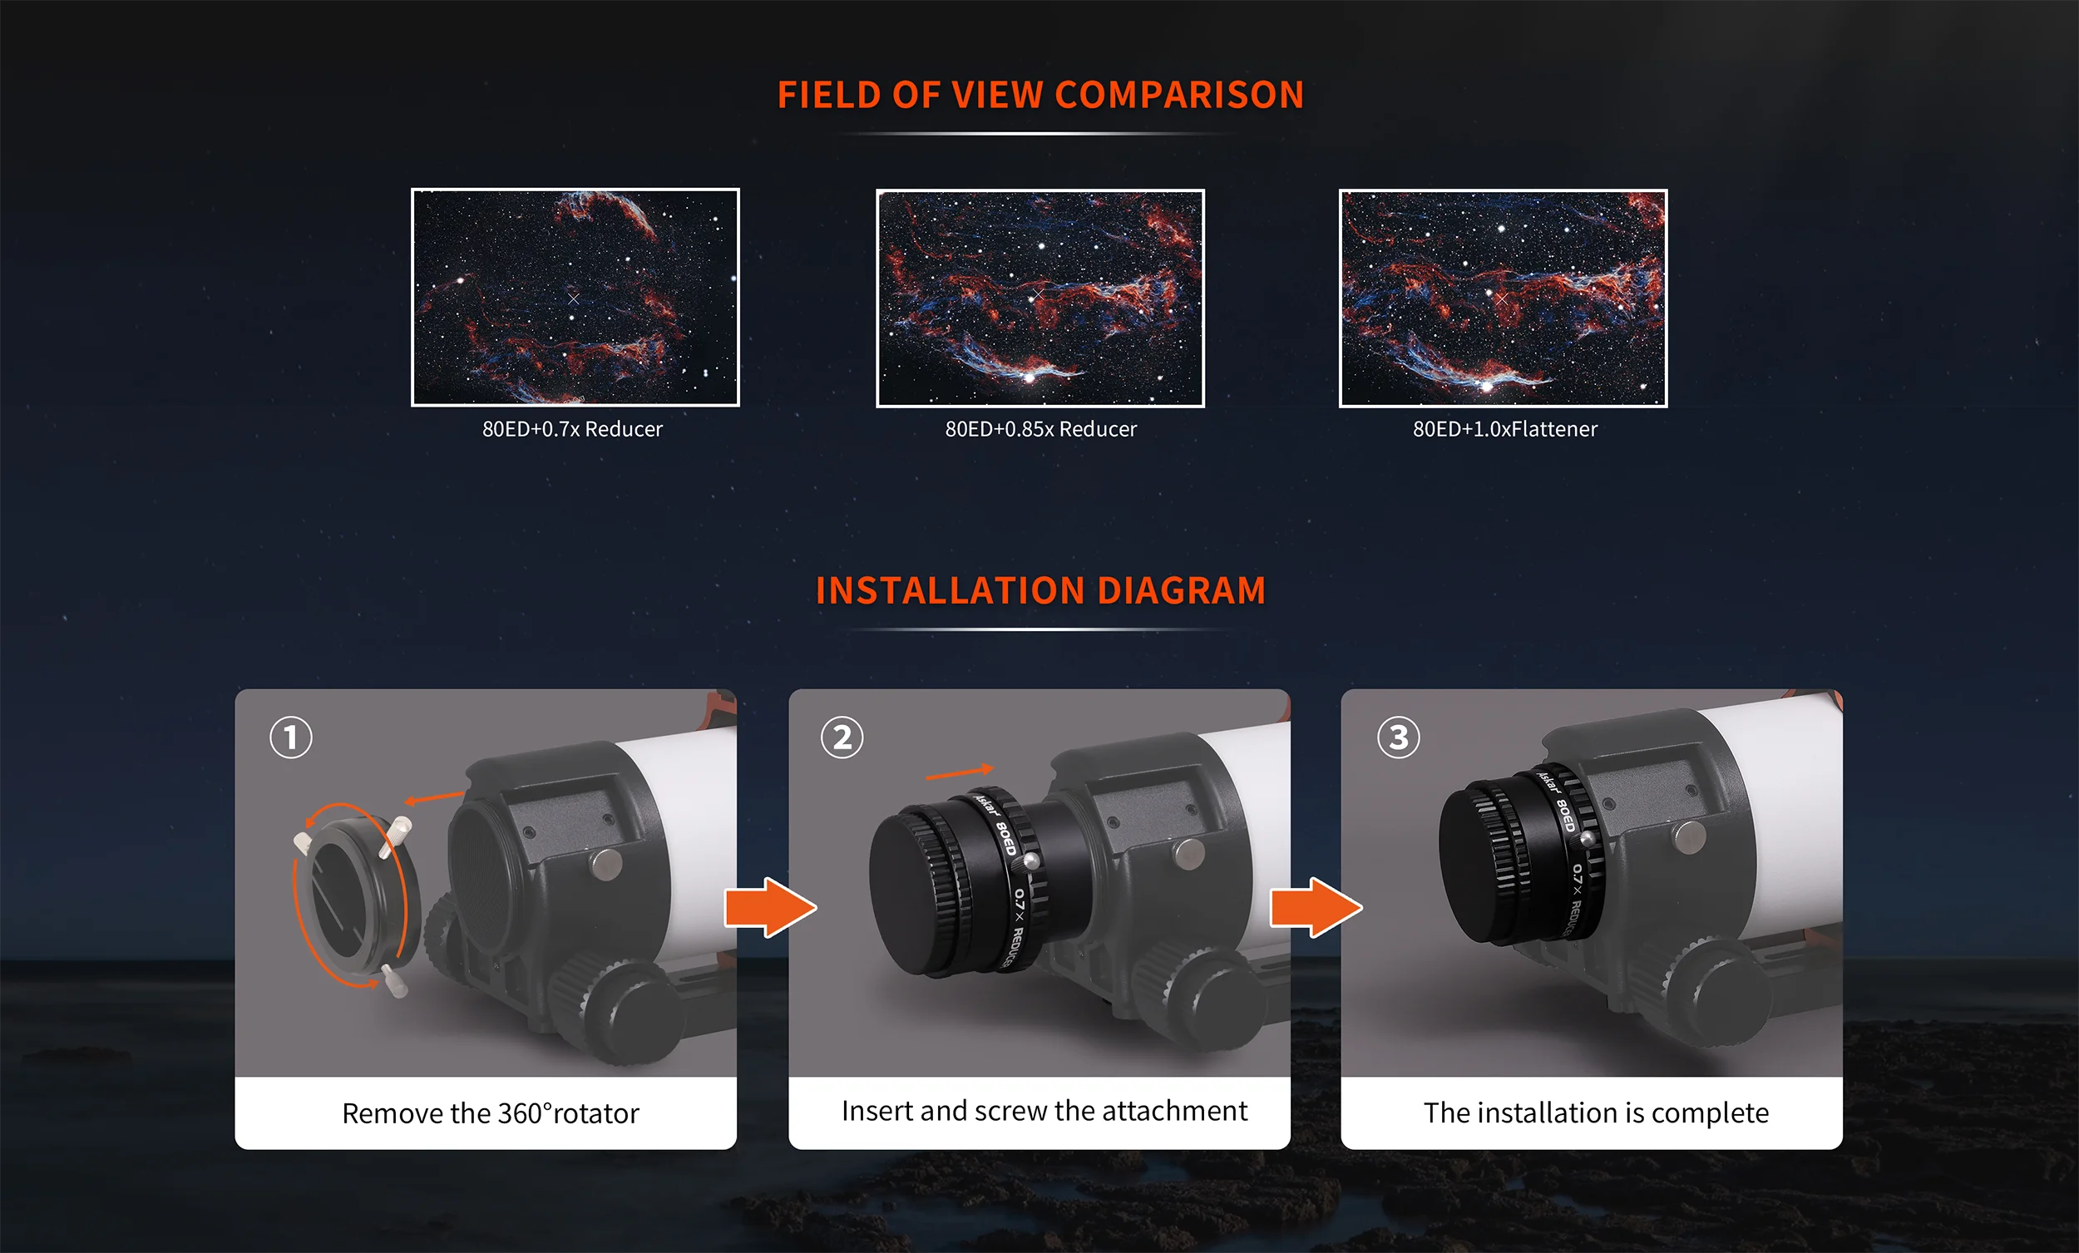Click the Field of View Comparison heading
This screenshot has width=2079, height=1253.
[1040, 95]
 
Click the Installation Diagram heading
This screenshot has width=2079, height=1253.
[1040, 590]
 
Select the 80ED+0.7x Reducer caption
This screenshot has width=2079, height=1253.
[572, 430]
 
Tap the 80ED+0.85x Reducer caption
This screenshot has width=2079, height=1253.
[1040, 430]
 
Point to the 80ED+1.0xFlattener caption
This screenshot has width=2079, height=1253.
[1504, 430]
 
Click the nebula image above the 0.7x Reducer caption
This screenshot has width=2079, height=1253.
[575, 297]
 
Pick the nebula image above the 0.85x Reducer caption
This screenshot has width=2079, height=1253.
[1039, 298]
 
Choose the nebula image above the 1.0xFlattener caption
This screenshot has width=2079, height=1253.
[1503, 298]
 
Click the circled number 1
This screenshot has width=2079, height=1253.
[291, 737]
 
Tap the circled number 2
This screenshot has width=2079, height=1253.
[842, 737]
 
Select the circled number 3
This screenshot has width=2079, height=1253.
[1398, 737]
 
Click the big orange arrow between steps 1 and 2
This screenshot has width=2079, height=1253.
[770, 907]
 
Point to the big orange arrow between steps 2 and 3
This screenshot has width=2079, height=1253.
[1316, 907]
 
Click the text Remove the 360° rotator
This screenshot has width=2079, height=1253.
[490, 1114]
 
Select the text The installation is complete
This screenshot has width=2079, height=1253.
[1596, 1113]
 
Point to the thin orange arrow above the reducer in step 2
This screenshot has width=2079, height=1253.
[960, 772]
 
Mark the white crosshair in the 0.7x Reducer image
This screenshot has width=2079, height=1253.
[574, 298]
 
